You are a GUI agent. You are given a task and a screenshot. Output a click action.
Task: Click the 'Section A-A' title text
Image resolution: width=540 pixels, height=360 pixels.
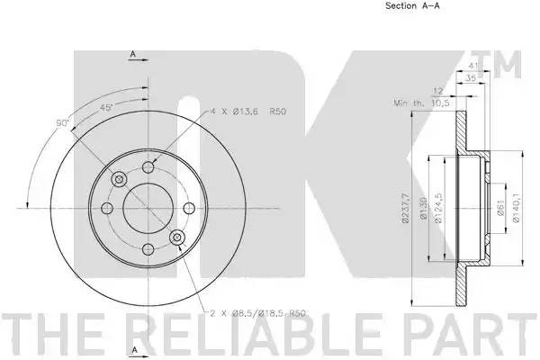(x=412, y=5)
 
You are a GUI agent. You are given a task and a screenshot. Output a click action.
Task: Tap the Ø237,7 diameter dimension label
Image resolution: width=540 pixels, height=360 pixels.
(x=406, y=208)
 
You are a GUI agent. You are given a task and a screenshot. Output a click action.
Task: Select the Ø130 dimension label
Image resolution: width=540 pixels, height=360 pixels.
(x=424, y=208)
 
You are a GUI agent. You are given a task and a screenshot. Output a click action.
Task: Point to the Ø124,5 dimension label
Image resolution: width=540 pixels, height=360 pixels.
(x=438, y=208)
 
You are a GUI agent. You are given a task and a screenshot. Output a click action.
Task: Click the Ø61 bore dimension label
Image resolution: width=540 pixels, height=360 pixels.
(x=500, y=208)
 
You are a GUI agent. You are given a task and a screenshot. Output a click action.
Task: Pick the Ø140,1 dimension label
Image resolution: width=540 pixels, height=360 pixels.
(x=516, y=208)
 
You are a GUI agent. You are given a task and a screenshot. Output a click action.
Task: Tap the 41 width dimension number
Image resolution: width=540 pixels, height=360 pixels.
(x=474, y=66)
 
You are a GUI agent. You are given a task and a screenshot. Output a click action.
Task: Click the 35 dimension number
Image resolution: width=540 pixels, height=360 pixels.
(x=471, y=78)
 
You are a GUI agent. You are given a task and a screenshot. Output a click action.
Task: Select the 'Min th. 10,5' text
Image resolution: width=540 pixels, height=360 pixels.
(x=422, y=103)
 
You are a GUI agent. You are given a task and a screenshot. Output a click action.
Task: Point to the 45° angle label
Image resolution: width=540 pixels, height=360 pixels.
(x=106, y=108)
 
